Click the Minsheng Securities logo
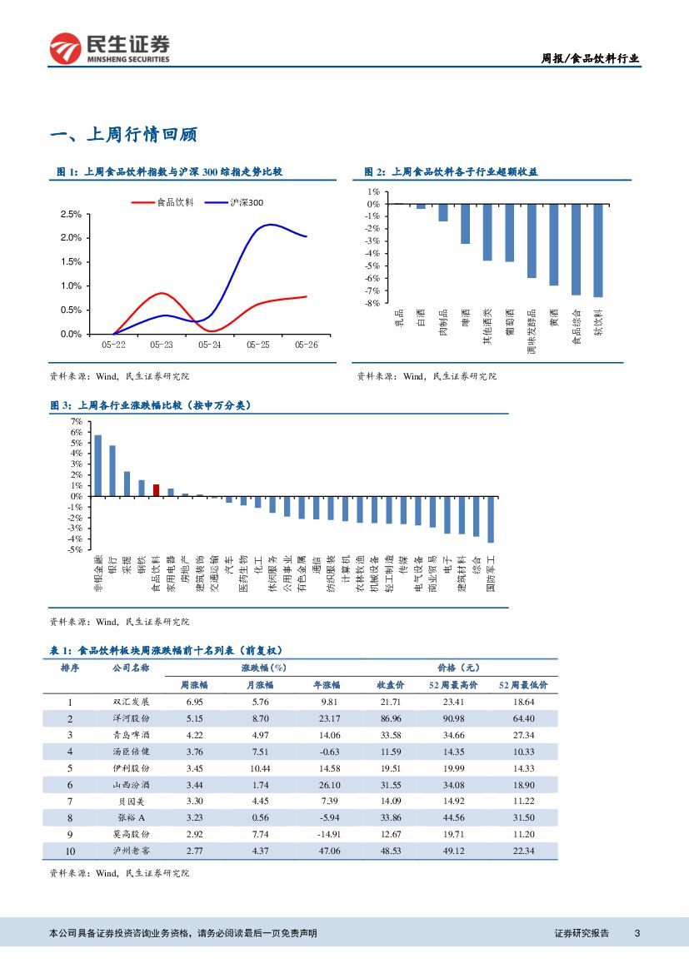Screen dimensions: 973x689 point(109,49)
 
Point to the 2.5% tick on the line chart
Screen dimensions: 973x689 point(71,214)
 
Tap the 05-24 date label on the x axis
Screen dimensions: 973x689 point(210,344)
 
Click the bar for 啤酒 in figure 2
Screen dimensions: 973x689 point(465,223)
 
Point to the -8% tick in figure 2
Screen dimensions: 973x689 point(372,303)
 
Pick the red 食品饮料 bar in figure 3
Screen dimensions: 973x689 point(156,490)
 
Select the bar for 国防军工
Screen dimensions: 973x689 point(491,519)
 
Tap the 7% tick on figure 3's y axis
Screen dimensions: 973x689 point(77,422)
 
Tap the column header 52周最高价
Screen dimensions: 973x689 point(453,685)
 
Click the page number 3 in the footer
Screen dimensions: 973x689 point(637,934)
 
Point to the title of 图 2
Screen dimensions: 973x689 point(451,172)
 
